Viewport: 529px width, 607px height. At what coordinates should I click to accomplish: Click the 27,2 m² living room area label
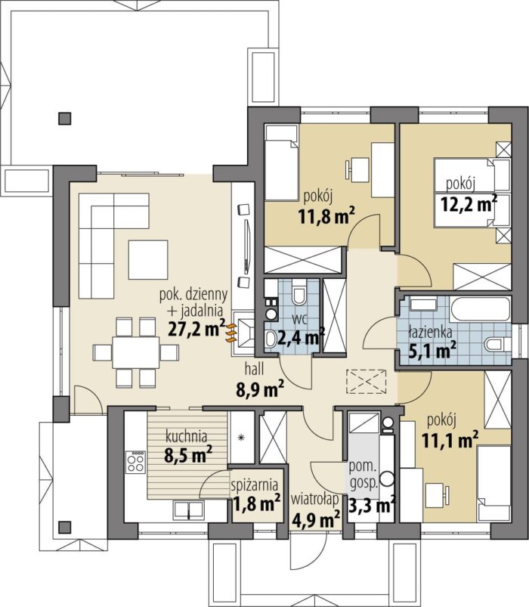196,329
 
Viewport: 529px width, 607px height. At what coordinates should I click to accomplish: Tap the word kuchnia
186,436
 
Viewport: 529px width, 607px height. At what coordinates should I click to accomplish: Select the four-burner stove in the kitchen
135,462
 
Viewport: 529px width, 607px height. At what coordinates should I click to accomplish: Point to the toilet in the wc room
299,293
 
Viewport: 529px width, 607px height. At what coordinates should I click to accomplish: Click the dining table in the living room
136,353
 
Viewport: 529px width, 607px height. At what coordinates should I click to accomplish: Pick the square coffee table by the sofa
148,260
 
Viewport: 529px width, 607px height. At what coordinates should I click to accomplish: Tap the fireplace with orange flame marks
242,333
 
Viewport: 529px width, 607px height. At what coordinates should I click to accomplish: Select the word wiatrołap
315,500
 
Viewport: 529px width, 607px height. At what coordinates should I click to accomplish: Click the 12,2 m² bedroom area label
469,203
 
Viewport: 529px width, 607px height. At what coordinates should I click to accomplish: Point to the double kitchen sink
188,509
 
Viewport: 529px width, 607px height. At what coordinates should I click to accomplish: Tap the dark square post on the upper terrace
65,119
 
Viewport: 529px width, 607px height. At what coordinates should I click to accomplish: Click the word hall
254,369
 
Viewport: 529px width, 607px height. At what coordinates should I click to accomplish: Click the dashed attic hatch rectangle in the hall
366,382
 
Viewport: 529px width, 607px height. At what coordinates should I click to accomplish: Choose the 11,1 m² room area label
450,439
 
